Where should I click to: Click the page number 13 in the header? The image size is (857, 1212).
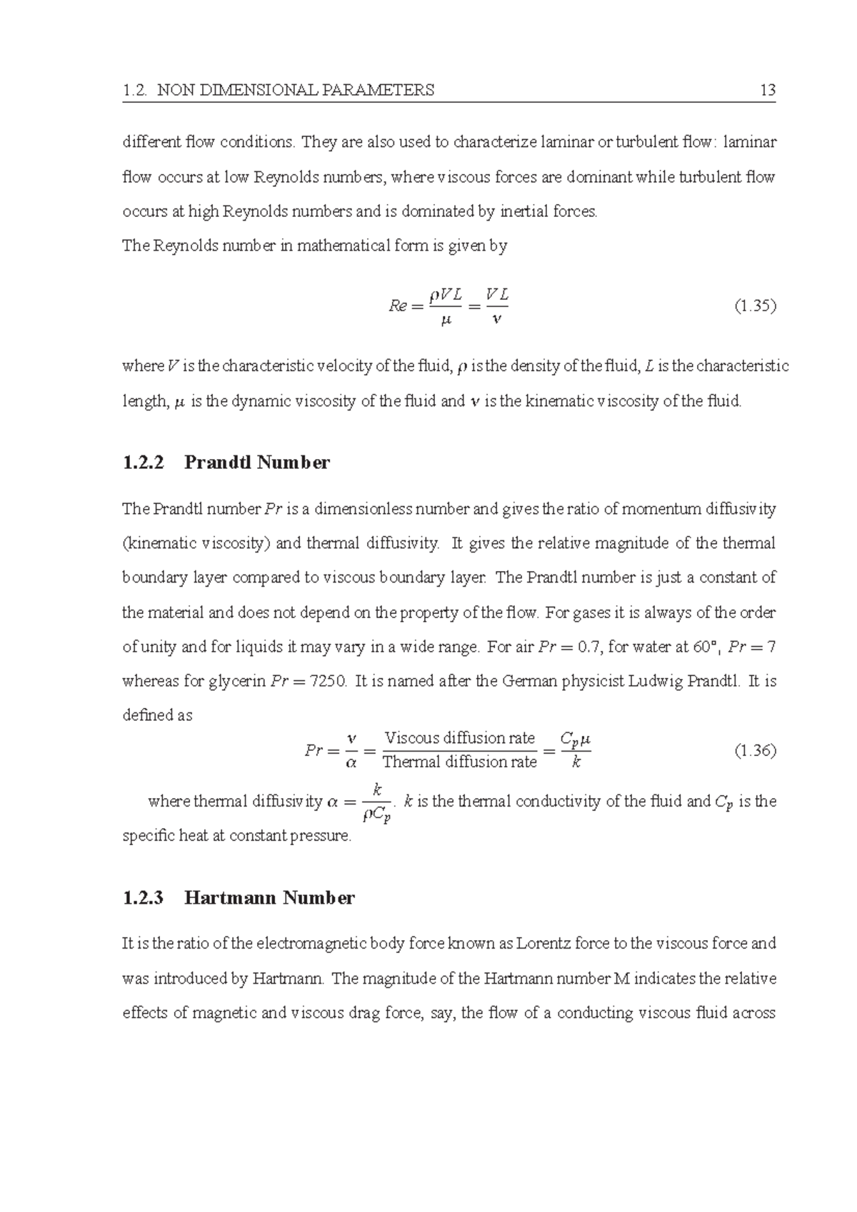pyautogui.click(x=768, y=90)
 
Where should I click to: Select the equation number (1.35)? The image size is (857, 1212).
pyautogui.click(x=755, y=306)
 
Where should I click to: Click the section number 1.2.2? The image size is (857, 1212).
pyautogui.click(x=143, y=463)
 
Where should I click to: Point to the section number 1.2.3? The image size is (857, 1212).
pyautogui.click(x=143, y=897)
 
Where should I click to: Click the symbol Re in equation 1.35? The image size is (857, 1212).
pyautogui.click(x=397, y=306)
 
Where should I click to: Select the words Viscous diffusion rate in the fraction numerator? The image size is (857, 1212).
pyautogui.click(x=459, y=738)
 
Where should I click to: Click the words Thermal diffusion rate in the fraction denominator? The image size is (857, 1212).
pyautogui.click(x=459, y=762)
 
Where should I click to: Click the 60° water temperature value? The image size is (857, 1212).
pyautogui.click(x=703, y=647)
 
